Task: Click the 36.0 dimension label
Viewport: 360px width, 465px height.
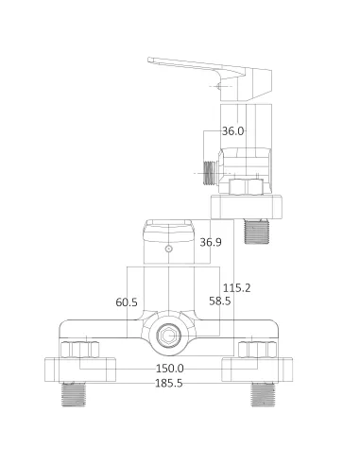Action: pos(232,131)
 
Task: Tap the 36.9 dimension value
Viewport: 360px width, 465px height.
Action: pos(210,243)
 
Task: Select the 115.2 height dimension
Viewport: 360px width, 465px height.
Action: pos(237,288)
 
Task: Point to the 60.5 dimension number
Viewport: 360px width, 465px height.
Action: pos(127,302)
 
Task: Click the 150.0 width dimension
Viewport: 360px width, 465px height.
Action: pos(170,368)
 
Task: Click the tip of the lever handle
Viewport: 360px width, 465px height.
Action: pos(151,62)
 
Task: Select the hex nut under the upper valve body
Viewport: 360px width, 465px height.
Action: pos(243,187)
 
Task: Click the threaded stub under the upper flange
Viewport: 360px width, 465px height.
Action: pos(256,230)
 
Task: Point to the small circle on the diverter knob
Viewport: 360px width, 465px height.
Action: pos(169,250)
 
